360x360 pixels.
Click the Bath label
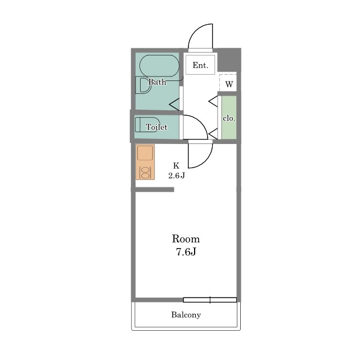tap(157, 82)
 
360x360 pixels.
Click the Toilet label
tap(156, 127)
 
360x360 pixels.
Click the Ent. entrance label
tap(200, 65)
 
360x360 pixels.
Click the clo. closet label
tap(229, 119)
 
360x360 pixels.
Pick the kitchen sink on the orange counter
tap(145, 152)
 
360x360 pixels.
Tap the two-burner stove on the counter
tap(145, 173)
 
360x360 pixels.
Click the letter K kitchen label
tap(176, 165)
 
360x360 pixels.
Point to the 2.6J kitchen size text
tap(177, 175)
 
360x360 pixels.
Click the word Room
tap(186, 239)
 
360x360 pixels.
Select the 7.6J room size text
tap(186, 252)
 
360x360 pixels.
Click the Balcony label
tap(186, 315)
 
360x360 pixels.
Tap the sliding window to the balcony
tap(210, 300)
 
